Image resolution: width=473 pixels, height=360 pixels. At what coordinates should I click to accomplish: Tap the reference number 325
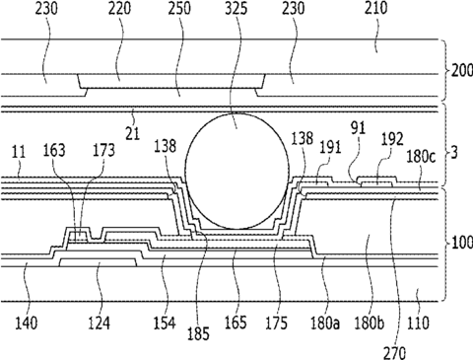pyautogui.click(x=236, y=8)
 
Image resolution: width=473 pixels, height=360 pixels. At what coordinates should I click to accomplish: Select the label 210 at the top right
pyautogui.click(x=375, y=8)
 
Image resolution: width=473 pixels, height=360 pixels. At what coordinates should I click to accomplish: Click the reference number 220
pyautogui.click(x=119, y=8)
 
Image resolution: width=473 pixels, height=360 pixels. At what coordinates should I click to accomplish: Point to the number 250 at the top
pyautogui.click(x=179, y=8)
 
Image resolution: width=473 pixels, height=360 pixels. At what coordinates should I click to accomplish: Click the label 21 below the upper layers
pyautogui.click(x=133, y=133)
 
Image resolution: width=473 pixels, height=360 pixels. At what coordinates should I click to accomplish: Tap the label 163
pyautogui.click(x=54, y=150)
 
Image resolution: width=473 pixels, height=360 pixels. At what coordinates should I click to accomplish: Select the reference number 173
pyautogui.click(x=103, y=150)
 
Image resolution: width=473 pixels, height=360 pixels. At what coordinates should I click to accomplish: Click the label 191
pyautogui.click(x=330, y=147)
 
